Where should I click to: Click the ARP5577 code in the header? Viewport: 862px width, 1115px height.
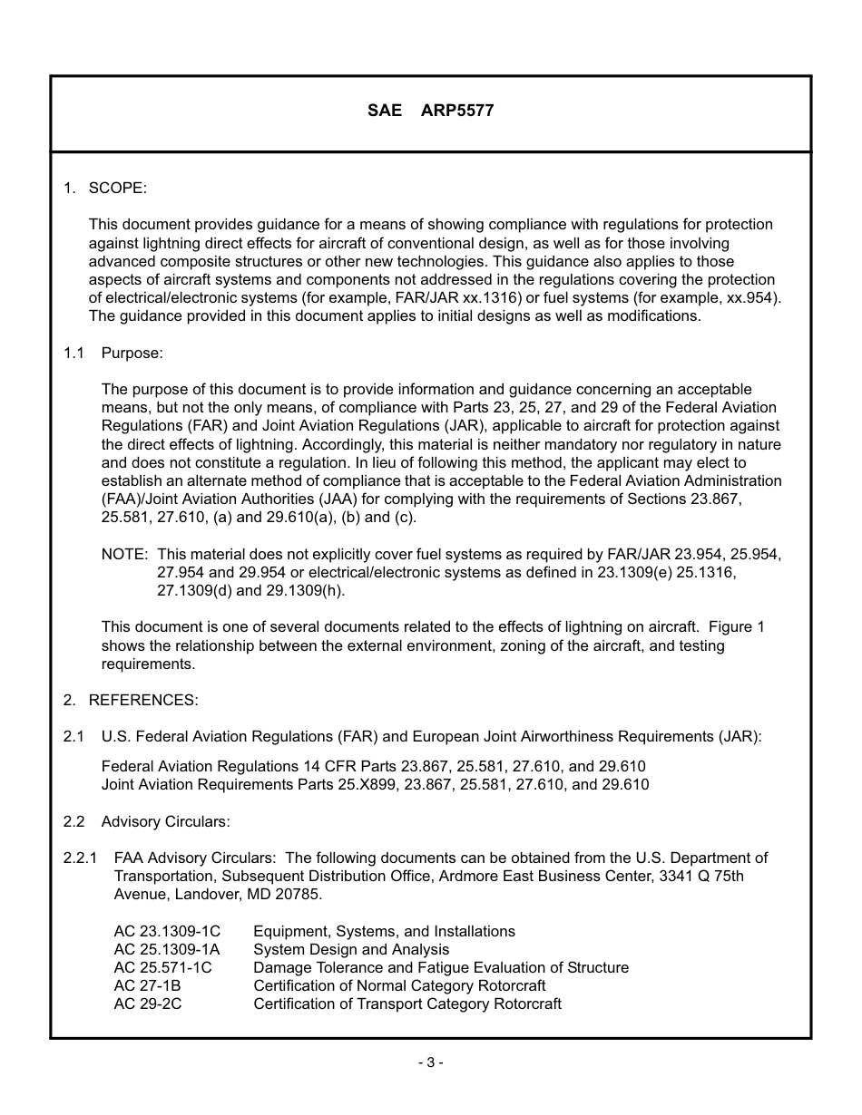pyautogui.click(x=457, y=111)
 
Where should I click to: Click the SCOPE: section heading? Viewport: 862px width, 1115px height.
pyautogui.click(x=117, y=188)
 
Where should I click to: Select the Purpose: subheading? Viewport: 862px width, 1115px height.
pyautogui.click(x=132, y=353)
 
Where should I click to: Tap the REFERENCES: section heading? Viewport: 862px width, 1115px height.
pyautogui.click(x=142, y=700)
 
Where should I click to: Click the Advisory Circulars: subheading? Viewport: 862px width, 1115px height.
pyautogui.click(x=165, y=821)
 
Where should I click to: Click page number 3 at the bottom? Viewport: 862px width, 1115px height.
pyautogui.click(x=430, y=1062)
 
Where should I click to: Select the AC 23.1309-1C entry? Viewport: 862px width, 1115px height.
pyautogui.click(x=167, y=931)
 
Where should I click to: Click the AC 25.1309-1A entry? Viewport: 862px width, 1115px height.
pyautogui.click(x=167, y=949)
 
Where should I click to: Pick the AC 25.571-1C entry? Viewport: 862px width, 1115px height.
pyautogui.click(x=162, y=967)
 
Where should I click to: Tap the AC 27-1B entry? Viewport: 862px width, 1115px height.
pyautogui.click(x=147, y=985)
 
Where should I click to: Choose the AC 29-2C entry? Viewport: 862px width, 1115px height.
pyautogui.click(x=147, y=1003)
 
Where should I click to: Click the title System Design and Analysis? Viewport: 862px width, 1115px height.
pyautogui.click(x=351, y=949)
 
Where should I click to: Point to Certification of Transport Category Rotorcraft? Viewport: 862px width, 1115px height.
pyautogui.click(x=407, y=1003)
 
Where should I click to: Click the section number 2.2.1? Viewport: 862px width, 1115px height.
pyautogui.click(x=80, y=858)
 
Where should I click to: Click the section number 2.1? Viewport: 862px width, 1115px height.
pyautogui.click(x=73, y=736)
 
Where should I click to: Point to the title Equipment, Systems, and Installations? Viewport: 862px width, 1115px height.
pyautogui.click(x=384, y=931)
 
